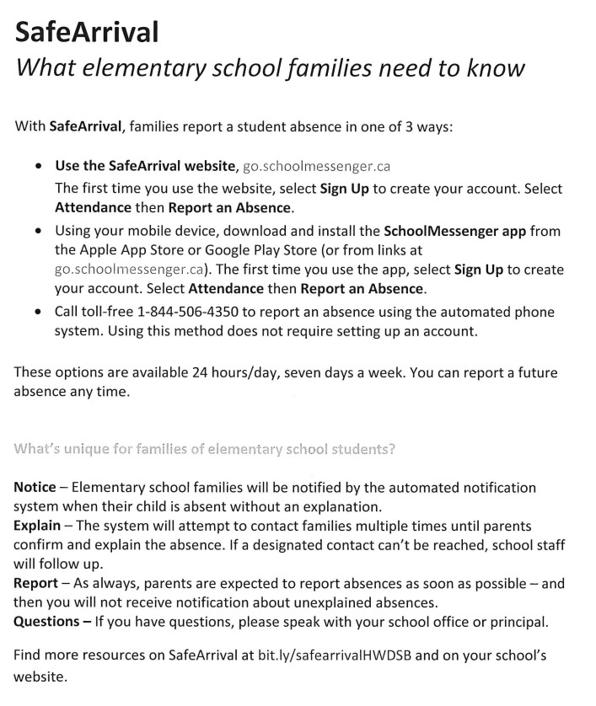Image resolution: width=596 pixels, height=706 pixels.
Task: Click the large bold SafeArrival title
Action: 87,32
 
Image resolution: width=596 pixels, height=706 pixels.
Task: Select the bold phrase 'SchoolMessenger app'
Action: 455,231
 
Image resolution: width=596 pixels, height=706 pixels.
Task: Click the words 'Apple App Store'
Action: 126,249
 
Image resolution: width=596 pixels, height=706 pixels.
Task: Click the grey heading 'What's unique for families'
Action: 205,449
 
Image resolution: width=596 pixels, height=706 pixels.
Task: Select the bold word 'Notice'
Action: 35,488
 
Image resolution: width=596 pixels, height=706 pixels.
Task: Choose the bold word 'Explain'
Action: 37,525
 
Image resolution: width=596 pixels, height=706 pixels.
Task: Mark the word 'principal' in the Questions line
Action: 519,622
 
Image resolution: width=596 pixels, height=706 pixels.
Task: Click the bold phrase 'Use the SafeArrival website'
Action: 147,165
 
